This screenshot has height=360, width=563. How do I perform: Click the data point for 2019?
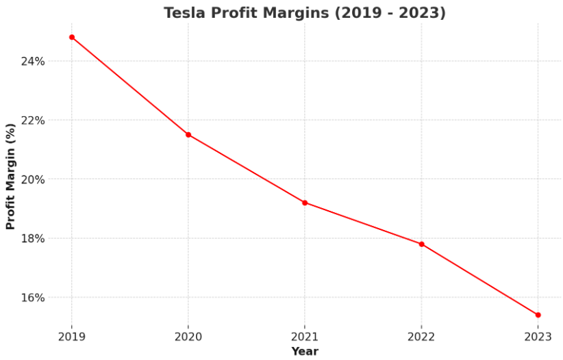point(72,37)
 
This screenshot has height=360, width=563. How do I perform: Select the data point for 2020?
point(188,135)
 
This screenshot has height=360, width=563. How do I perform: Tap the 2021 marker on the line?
point(305,203)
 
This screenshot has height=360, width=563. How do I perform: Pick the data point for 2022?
point(421,244)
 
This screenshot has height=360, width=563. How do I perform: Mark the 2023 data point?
point(538,315)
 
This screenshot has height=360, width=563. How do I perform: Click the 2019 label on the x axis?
point(72,336)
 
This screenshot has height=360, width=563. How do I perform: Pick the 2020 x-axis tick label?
point(188,336)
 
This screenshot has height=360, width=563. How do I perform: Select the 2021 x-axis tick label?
point(305,336)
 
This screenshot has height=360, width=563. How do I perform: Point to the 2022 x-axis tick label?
point(421,336)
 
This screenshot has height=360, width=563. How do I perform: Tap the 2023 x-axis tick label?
point(538,336)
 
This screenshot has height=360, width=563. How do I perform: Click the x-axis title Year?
point(305,351)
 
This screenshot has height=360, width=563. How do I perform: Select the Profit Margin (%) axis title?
point(10,177)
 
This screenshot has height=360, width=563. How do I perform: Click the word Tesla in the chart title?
point(184,13)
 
